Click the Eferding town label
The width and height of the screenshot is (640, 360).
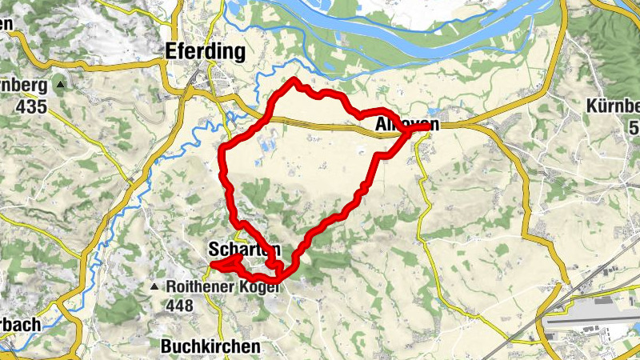pos(204,52)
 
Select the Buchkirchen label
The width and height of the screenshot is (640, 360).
pos(210,346)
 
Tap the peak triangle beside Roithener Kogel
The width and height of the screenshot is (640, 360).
pos(154,286)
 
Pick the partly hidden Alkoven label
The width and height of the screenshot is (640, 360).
pos(406,125)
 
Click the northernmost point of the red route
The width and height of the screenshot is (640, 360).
pos(294,80)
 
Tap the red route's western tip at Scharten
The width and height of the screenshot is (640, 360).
pos(211,265)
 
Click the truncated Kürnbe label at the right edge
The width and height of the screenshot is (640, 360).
pos(613,106)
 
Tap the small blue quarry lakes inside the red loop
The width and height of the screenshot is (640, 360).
pos(268,144)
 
